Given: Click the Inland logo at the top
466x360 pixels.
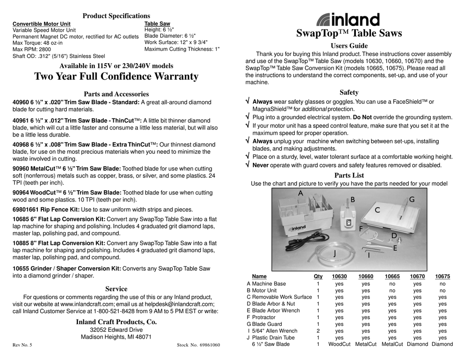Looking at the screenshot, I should point(348,20).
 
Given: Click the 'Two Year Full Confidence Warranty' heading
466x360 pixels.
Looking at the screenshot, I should point(116,76).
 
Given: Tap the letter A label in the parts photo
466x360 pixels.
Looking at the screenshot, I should point(300,193).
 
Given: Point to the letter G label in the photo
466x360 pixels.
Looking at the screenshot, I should point(411,199).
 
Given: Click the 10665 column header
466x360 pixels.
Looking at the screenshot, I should point(392,276).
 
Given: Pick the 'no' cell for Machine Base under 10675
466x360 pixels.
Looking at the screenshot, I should point(442,284).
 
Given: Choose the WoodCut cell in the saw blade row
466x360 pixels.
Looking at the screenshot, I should point(339,345).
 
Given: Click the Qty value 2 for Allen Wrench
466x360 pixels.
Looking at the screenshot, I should point(318,331).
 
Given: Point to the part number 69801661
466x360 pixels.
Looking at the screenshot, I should point(26,210).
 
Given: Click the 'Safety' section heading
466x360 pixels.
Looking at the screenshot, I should point(349,92).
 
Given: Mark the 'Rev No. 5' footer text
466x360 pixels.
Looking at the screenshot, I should point(22,345).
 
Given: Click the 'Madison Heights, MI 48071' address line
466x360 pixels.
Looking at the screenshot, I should point(116,337).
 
